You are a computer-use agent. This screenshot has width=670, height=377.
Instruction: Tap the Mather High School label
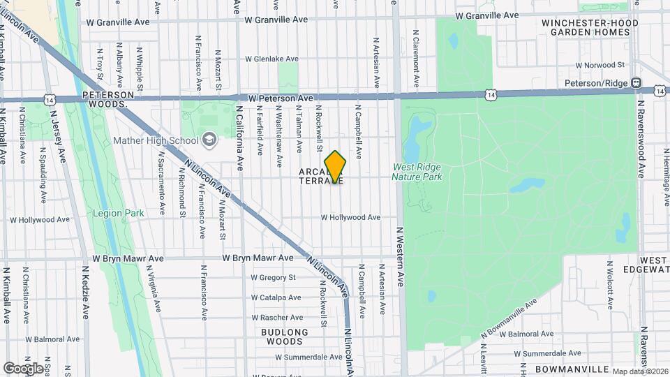tap(156, 140)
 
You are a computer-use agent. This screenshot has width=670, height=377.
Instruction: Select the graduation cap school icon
tap(209, 140)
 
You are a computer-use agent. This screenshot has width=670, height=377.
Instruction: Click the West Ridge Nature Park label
tap(417, 172)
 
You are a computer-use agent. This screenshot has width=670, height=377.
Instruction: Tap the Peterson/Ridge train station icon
tap(636, 83)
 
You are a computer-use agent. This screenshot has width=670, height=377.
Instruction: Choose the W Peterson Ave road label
tap(278, 98)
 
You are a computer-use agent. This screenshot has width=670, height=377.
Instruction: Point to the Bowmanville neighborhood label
tap(569, 368)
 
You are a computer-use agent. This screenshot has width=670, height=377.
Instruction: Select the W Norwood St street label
tap(600, 65)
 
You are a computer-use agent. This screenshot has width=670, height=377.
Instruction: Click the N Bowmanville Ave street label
tap(510, 321)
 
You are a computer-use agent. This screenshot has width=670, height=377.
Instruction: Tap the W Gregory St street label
tap(271, 277)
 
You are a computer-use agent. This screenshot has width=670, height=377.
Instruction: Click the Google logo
tap(24, 368)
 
